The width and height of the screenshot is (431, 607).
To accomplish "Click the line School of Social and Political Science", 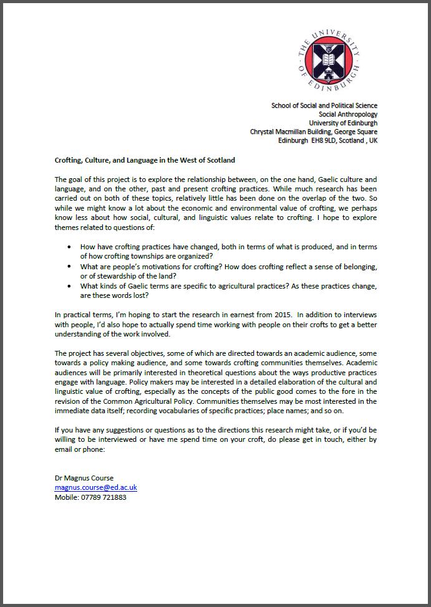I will (324, 105).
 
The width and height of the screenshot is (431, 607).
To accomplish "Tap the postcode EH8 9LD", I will (321, 140).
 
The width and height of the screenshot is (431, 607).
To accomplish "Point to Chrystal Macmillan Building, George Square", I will (313, 131).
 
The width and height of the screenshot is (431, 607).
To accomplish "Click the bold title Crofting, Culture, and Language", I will (145, 160).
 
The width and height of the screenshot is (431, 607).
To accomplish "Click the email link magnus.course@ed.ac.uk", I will (95, 487).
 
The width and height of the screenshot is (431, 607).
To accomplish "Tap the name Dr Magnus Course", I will (84, 478).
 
